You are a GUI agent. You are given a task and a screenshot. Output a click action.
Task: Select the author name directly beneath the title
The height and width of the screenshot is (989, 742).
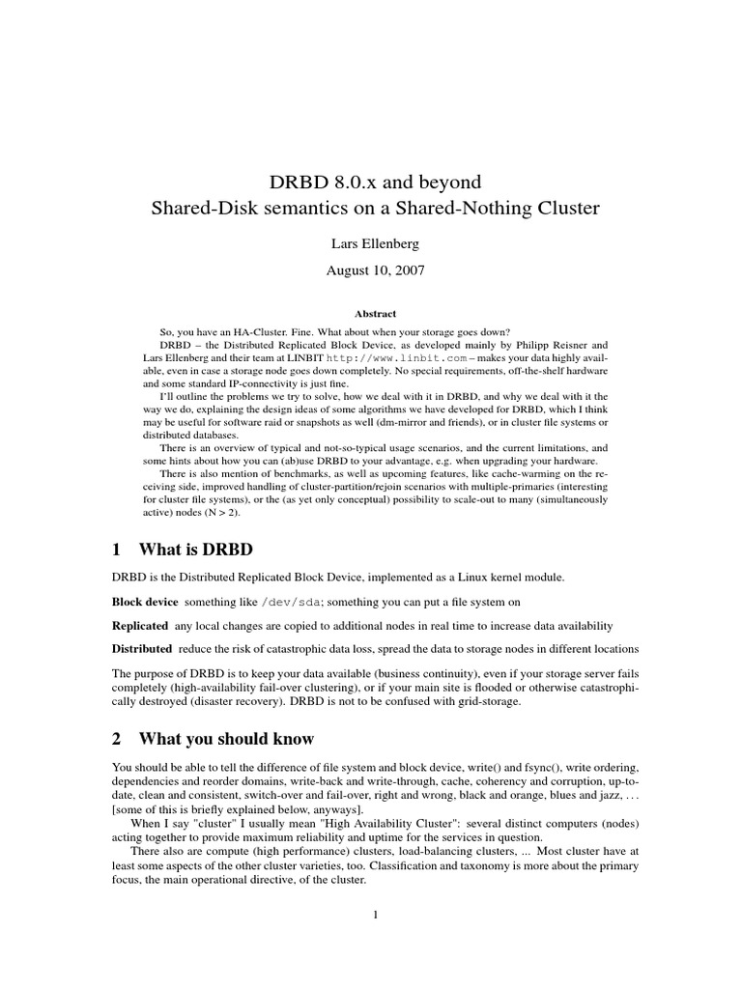[x=372, y=245]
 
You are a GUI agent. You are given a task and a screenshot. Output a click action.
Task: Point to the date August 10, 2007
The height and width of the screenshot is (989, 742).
[x=372, y=272]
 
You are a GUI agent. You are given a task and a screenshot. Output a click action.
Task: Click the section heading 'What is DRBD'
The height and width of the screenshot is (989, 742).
[x=196, y=550]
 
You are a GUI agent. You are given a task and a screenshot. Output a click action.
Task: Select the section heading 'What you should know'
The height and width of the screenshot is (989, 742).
[x=226, y=739]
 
